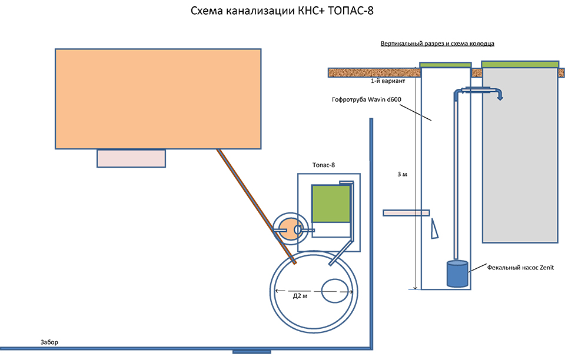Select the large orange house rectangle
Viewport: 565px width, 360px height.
tap(158, 99)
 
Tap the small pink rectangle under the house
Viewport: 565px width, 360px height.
tap(131, 158)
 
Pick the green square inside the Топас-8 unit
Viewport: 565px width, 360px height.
tap(330, 204)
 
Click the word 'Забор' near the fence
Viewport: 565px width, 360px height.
tap(49, 342)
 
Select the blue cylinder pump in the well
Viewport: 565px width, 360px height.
tap(457, 274)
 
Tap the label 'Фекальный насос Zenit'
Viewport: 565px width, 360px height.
tap(521, 267)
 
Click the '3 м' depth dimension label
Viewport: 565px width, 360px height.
tap(403, 175)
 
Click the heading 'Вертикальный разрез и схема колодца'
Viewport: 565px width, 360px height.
tap(437, 44)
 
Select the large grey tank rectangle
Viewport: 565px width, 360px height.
tap(520, 156)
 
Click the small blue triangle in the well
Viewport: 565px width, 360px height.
tap(435, 228)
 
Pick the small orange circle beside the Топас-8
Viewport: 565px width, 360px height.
tap(288, 229)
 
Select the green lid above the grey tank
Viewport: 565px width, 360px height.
tap(520, 64)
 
